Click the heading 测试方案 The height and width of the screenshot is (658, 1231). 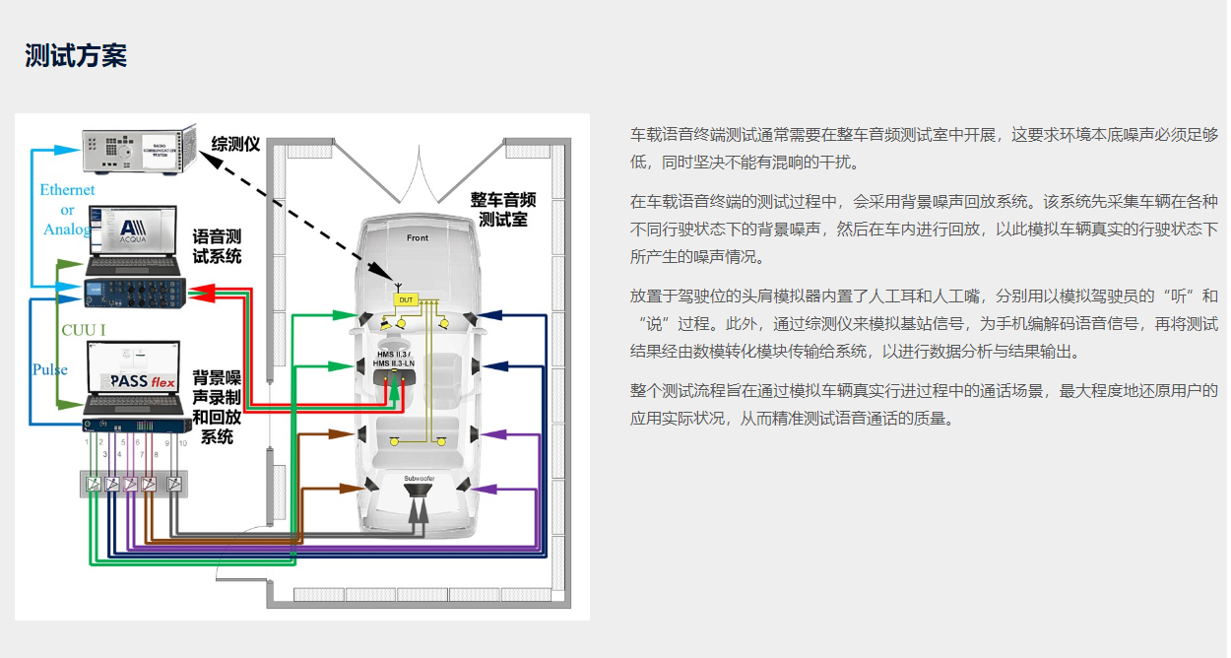point(76,55)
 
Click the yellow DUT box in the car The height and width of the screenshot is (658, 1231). point(406,298)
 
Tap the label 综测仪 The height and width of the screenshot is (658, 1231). point(236,145)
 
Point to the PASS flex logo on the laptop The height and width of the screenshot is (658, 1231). point(142,379)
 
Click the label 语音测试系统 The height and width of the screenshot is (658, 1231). point(217,247)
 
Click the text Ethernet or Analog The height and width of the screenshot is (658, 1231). point(67,210)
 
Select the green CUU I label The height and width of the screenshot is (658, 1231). point(84,329)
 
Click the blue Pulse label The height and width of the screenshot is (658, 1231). point(50,369)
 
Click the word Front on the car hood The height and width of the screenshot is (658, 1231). point(418,238)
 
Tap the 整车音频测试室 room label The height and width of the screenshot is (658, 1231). point(502,210)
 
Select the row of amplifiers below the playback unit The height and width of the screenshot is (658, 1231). point(132,484)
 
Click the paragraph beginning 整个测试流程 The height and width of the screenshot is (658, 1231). point(924,404)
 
